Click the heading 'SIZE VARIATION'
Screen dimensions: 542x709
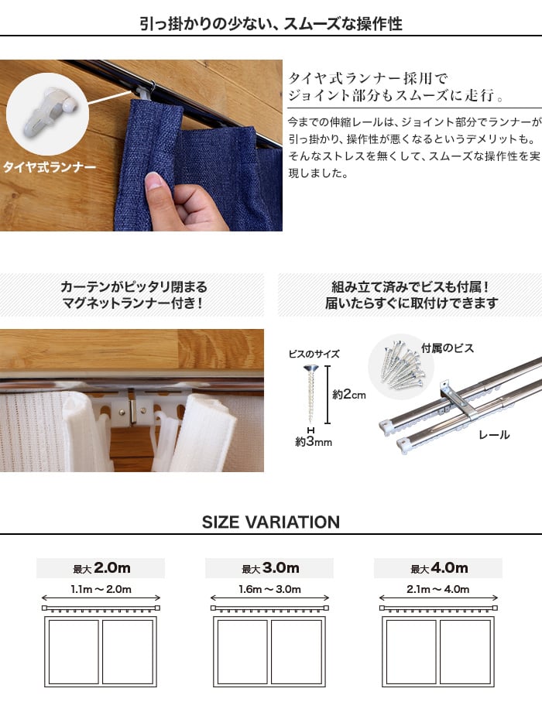270,522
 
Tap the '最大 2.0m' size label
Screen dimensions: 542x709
101,568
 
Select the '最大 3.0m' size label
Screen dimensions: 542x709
270,568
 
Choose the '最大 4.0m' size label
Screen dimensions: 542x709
439,568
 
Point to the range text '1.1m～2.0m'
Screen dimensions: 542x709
101,589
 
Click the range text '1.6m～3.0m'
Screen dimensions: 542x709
269,589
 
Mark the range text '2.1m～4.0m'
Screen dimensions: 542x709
438,589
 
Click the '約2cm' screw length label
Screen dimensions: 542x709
349,394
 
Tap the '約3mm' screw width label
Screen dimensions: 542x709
313,441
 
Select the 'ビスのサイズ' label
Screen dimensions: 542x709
314,354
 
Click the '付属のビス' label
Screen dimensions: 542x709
448,348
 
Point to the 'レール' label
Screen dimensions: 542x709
494,435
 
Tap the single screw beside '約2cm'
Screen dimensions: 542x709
310,392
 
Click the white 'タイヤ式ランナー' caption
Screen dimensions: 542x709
50,167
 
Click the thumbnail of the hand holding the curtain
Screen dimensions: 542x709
141,146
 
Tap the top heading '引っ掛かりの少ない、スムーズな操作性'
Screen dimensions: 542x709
270,23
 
